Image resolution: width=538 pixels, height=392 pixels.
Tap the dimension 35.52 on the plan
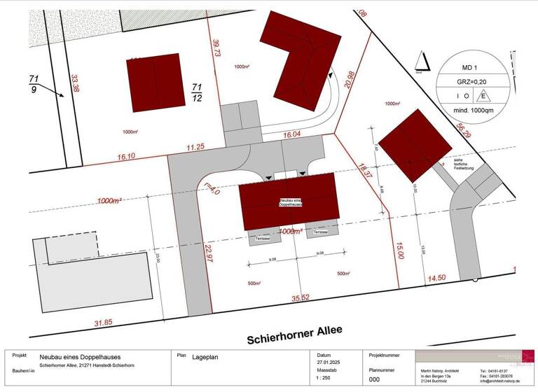coord(301,298)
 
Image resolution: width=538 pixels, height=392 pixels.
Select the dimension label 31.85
coord(104,323)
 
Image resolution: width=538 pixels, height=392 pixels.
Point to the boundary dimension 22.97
coord(207,253)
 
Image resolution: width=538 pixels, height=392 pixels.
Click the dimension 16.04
coord(292,132)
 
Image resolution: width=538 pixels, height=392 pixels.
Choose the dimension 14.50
coord(436,278)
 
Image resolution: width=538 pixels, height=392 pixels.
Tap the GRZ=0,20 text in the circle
coord(472,81)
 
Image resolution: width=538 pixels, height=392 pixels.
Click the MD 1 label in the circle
coord(472,67)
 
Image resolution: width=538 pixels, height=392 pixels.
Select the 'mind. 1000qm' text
coord(472,111)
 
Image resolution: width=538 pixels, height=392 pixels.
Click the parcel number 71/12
coord(198,92)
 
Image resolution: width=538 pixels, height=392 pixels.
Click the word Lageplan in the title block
coord(205,357)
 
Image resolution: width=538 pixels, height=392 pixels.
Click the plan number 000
coord(375,380)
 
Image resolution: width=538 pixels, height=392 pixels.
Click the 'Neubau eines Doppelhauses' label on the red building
coord(291,202)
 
